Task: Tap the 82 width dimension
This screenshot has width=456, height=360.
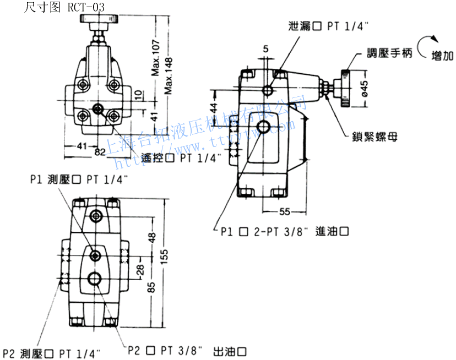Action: point(100,152)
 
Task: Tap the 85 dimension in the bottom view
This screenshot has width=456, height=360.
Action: point(152,286)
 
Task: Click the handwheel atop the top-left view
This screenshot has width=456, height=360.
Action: point(100,20)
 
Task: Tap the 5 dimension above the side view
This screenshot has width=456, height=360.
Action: point(266,50)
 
